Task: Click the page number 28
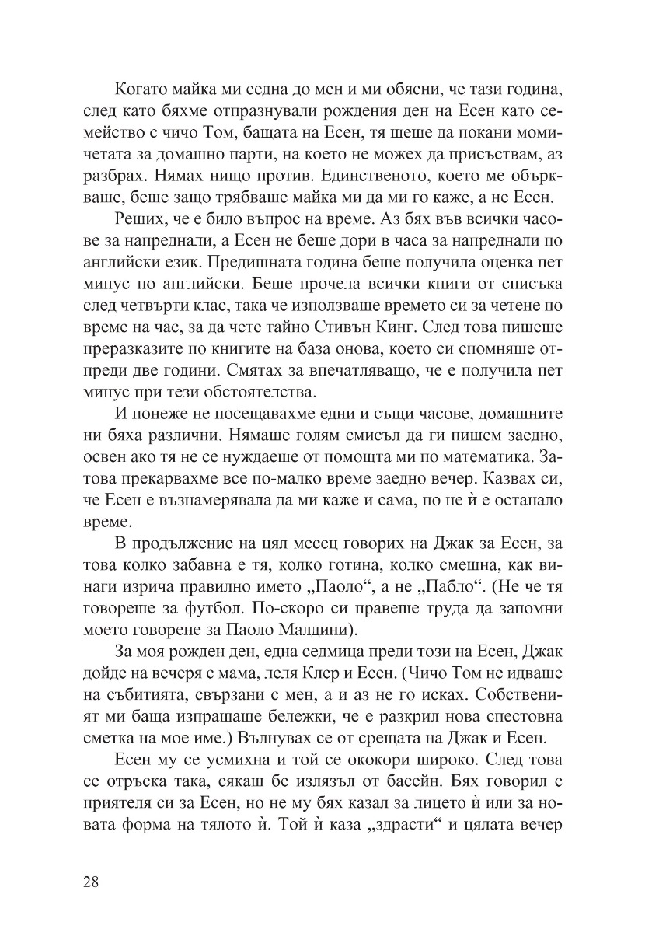pos(90,882)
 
